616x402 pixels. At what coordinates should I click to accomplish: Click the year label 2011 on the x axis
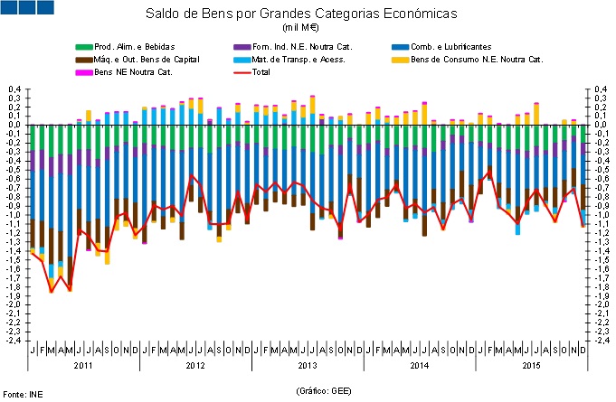click(x=83, y=366)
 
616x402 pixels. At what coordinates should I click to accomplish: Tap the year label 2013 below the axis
click(x=308, y=366)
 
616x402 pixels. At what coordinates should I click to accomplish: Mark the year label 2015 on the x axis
click(x=533, y=366)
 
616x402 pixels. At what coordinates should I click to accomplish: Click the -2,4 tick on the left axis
click(x=13, y=341)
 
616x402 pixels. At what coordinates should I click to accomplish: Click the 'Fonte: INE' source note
click(x=23, y=395)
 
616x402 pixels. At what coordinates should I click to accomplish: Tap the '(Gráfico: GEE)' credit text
click(x=323, y=389)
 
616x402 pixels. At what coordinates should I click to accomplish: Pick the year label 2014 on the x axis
click(x=420, y=366)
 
